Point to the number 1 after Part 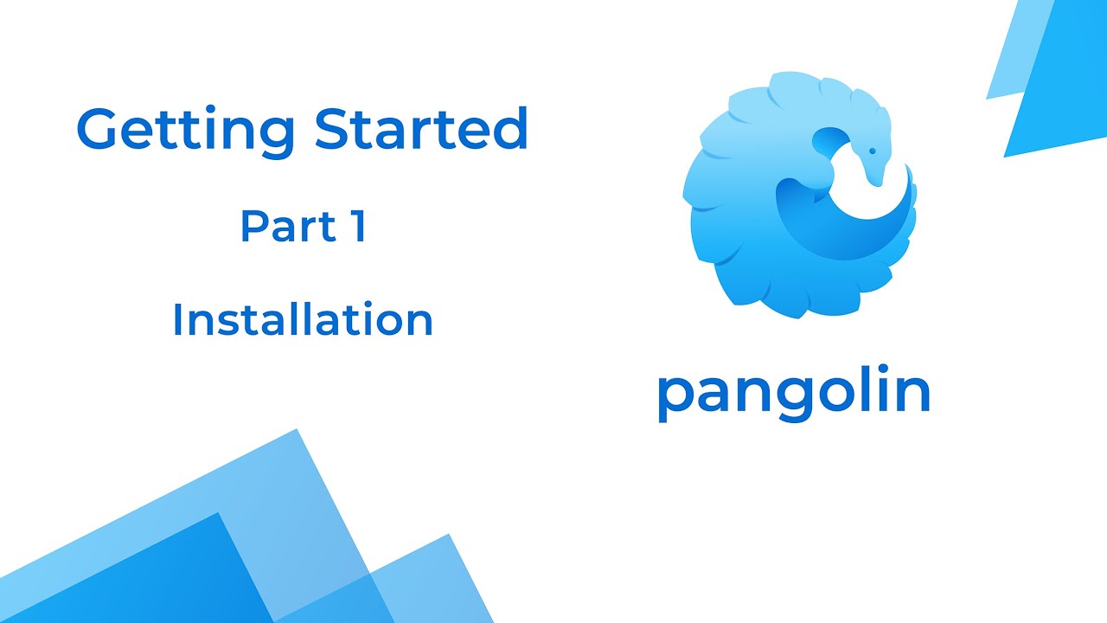pos(357,226)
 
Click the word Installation pos(303,319)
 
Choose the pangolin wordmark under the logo pos(793,394)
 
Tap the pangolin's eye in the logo pos(872,151)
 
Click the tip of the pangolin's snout pos(879,183)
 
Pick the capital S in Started pos(335,129)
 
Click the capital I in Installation pos(178,319)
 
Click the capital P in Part pos(253,226)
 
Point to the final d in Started pos(513,129)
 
